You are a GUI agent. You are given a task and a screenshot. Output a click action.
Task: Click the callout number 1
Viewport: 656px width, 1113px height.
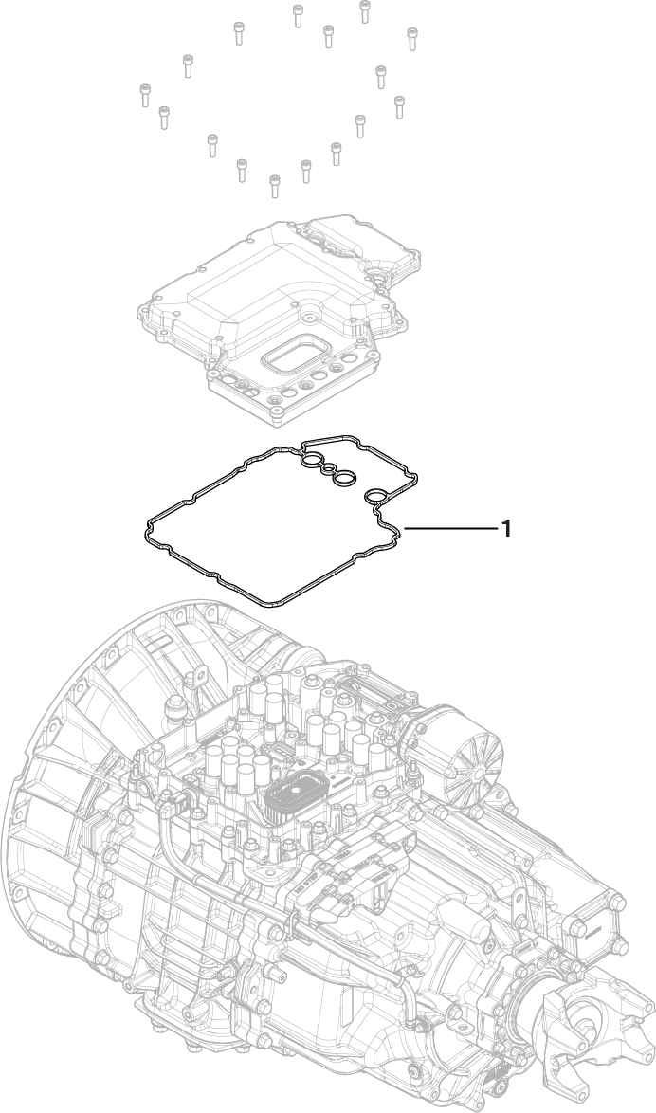506,528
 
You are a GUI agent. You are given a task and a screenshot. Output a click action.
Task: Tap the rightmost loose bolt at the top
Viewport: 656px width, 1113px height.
412,38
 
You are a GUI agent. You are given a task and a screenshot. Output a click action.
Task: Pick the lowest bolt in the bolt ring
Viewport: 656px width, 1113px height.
274,185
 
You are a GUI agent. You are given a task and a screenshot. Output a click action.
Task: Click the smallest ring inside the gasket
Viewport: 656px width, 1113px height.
328,468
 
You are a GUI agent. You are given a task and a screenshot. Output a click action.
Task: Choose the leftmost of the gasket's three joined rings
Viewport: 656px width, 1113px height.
311,463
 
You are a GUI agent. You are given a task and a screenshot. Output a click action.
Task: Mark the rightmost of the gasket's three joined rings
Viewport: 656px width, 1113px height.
346,476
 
